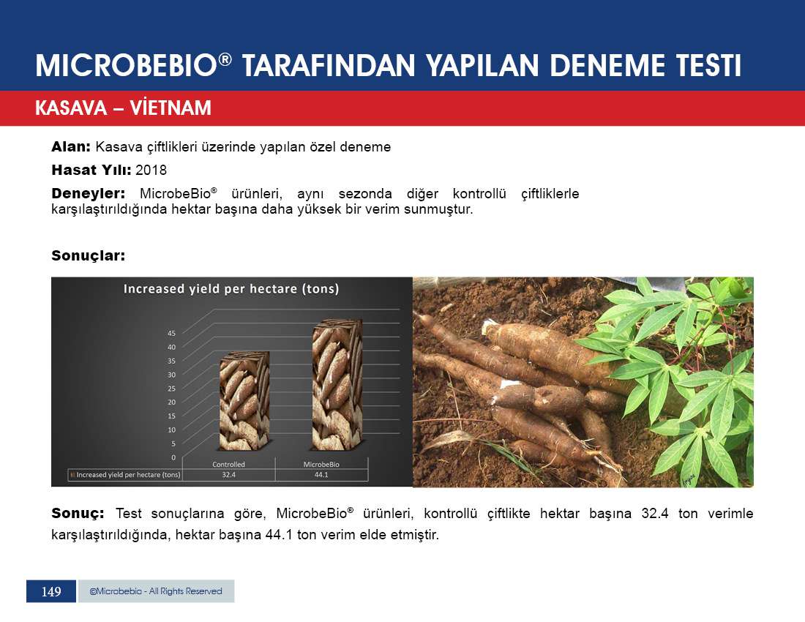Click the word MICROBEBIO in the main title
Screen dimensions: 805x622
pyautogui.click(x=127, y=66)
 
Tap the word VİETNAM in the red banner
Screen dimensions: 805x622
pyautogui.click(x=171, y=108)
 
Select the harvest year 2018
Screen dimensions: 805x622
pyautogui.click(x=151, y=170)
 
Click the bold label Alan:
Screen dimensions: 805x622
pyautogui.click(x=71, y=147)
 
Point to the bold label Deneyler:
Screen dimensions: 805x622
pyautogui.click(x=89, y=193)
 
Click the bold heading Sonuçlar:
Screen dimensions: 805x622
pyautogui.click(x=89, y=255)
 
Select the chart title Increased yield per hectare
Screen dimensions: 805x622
pyautogui.click(x=231, y=289)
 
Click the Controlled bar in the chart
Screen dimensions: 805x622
pyautogui.click(x=244, y=401)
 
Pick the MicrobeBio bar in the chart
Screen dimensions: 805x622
pyautogui.click(x=337, y=385)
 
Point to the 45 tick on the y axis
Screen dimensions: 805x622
pyautogui.click(x=171, y=333)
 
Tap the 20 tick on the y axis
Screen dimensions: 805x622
pyautogui.click(x=171, y=402)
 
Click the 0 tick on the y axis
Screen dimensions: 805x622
pyautogui.click(x=173, y=457)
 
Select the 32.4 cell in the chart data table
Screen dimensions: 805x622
pyautogui.click(x=229, y=475)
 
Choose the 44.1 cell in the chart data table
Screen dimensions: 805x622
pyautogui.click(x=321, y=475)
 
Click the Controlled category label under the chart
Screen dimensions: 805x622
pyautogui.click(x=229, y=465)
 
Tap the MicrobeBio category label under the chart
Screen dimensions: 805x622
pyautogui.click(x=321, y=465)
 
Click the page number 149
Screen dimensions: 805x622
pyautogui.click(x=51, y=592)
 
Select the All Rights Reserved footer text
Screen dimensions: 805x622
pyautogui.click(x=185, y=591)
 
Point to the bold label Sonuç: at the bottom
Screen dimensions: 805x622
pyautogui.click(x=78, y=513)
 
